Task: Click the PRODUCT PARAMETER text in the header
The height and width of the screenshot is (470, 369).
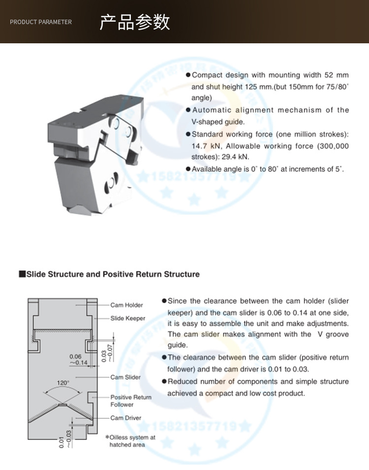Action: pyautogui.click(x=41, y=22)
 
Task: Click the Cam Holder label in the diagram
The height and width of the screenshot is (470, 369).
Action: pyautogui.click(x=126, y=305)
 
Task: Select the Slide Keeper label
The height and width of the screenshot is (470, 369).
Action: pyautogui.click(x=128, y=318)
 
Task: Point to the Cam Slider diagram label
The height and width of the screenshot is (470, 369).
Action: pyautogui.click(x=125, y=377)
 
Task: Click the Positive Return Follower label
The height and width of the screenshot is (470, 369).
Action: pyautogui.click(x=131, y=401)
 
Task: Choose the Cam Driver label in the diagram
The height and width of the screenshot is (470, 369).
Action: pyautogui.click(x=125, y=418)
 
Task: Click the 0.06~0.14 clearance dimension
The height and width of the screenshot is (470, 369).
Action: pyautogui.click(x=78, y=359)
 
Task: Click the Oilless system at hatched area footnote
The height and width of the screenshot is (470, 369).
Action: pyautogui.click(x=130, y=440)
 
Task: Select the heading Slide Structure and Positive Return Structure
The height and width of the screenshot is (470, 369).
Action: pyautogui.click(x=113, y=274)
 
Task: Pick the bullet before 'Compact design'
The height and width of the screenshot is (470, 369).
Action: pyautogui.click(x=188, y=75)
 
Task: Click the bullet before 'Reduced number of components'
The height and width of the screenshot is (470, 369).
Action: pyautogui.click(x=164, y=381)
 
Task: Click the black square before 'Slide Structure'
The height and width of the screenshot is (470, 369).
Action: pyautogui.click(x=22, y=274)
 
